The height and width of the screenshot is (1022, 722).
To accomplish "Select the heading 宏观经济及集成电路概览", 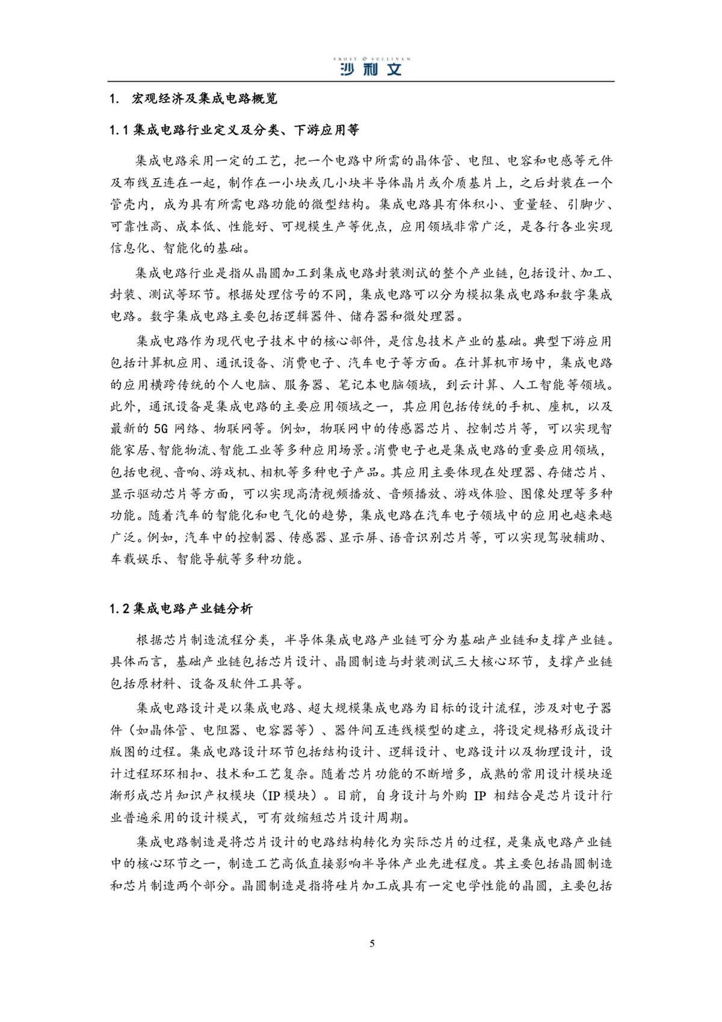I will pos(205,99).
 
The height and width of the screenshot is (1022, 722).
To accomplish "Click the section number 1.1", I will pos(119,130).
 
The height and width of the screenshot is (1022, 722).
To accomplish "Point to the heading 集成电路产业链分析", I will pos(193,609).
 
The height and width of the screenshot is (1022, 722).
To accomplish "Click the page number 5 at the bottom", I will pos(372,943).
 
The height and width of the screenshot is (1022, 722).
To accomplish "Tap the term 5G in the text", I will pos(161,429).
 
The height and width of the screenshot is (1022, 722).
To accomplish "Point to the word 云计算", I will pos(477,385).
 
